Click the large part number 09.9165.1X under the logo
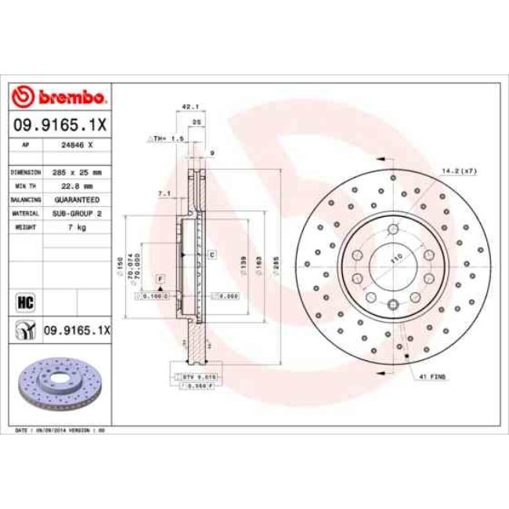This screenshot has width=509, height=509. tap(60, 124)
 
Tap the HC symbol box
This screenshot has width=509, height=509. tap(23, 300)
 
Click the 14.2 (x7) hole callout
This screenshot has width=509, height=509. tap(460, 170)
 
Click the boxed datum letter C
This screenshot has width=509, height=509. tap(211, 255)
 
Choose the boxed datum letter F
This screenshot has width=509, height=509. tap(160, 279)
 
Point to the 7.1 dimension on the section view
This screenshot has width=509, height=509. tap(164, 193)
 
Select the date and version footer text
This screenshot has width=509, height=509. tap(61, 430)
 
